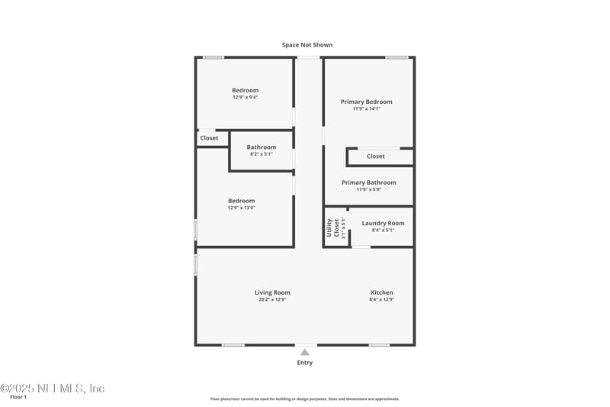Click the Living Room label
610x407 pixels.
(272, 292)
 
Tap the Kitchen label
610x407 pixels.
(382, 292)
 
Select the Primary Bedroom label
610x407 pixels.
(367, 102)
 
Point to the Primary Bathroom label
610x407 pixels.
(369, 183)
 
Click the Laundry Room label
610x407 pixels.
(383, 223)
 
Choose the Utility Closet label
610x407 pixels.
(332, 228)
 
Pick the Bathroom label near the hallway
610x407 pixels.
(262, 147)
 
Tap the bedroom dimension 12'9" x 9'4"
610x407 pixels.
(246, 97)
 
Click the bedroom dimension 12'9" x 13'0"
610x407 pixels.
(241, 208)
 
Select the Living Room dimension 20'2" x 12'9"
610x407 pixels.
(272, 299)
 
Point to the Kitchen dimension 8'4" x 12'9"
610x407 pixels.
(382, 299)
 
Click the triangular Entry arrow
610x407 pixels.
(304, 352)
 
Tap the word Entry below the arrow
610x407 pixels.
(304, 363)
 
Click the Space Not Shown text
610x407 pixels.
(307, 45)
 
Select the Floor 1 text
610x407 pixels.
(18, 397)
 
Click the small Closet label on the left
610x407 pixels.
(209, 138)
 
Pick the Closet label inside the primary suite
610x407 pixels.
(376, 156)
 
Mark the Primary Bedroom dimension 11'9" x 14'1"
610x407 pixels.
(367, 108)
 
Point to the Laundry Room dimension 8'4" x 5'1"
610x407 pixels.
(383, 230)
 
